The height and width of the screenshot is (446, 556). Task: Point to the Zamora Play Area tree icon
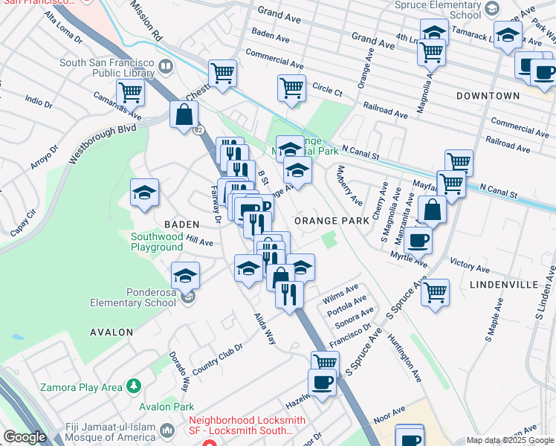pyautogui.click(x=134, y=387)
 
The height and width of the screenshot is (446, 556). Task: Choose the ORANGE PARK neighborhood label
pyautogui.click(x=332, y=222)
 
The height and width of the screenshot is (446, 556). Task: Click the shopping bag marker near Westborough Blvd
pyautogui.click(x=184, y=115)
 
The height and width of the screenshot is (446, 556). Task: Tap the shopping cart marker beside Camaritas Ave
pyautogui.click(x=130, y=93)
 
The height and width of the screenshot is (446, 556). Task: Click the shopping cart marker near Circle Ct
pyautogui.click(x=292, y=88)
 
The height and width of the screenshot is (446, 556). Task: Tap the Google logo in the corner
pyautogui.click(x=24, y=437)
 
